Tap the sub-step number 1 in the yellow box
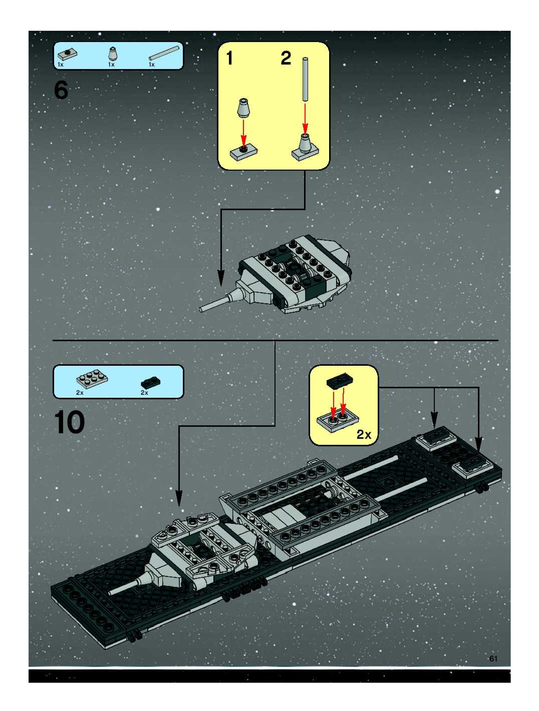(229, 59)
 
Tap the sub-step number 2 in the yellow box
(286, 59)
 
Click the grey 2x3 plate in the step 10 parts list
(92, 380)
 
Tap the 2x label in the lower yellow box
(364, 435)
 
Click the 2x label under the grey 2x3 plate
(80, 393)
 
